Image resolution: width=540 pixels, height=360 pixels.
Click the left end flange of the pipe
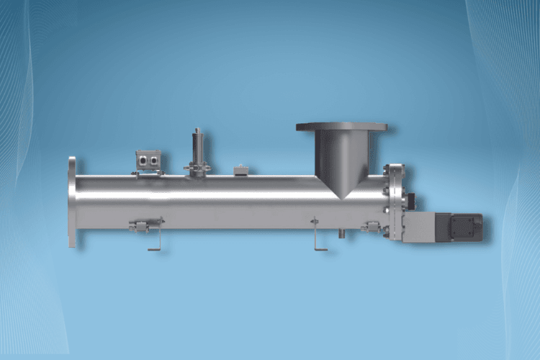pyautogui.click(x=72, y=202)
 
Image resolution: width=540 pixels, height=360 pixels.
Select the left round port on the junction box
pyautogui.click(x=143, y=159)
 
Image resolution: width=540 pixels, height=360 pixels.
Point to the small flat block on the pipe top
pyautogui.click(x=241, y=171)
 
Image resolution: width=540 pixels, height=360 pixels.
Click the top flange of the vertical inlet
pyautogui.click(x=341, y=127)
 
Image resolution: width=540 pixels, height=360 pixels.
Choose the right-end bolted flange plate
pyautogui.click(x=395, y=202)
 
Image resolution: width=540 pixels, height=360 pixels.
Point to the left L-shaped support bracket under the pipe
pyautogui.click(x=155, y=241)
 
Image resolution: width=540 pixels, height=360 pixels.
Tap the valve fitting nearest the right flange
pyautogui.click(x=372, y=226)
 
